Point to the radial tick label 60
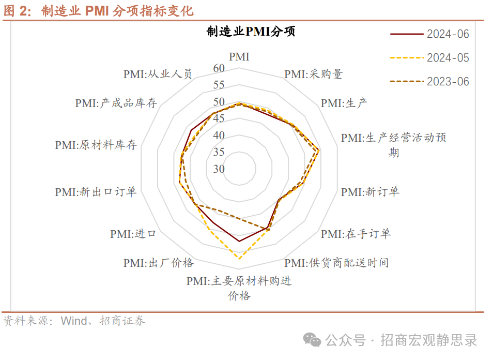(x=219, y=68)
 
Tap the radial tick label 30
(x=219, y=169)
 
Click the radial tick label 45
(x=219, y=119)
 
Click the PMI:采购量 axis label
(x=313, y=74)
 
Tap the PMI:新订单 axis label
(x=370, y=192)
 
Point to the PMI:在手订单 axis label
(x=356, y=234)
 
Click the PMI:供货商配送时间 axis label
(x=336, y=263)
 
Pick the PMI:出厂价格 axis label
(x=158, y=263)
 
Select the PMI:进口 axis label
(x=133, y=234)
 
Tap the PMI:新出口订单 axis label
(x=96, y=192)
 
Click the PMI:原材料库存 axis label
(x=96, y=145)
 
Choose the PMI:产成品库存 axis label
(x=116, y=103)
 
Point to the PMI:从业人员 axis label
(x=158, y=74)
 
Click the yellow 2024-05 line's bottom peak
(x=239, y=258)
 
